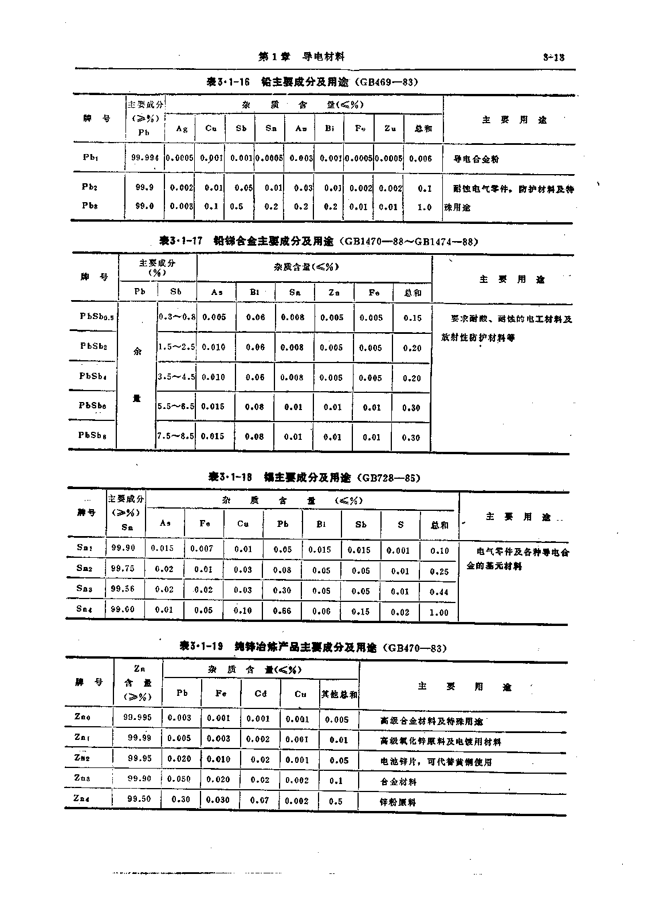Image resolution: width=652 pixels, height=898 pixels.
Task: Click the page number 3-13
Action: tap(553, 57)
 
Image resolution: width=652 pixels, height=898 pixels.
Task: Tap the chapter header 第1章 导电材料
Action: tap(301, 56)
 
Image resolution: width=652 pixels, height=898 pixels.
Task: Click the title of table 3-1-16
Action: tap(312, 82)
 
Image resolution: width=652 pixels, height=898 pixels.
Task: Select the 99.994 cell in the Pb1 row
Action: tap(145, 158)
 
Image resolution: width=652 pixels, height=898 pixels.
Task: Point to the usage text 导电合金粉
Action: tap(476, 159)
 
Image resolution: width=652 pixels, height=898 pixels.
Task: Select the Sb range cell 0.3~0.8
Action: tap(176, 317)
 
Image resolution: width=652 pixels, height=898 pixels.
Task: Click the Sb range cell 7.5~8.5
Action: tap(176, 436)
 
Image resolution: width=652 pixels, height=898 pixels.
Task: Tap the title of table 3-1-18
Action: tap(314, 477)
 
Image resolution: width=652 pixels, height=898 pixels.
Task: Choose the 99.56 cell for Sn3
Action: tap(123, 589)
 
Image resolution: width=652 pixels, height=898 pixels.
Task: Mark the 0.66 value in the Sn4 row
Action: tap(282, 611)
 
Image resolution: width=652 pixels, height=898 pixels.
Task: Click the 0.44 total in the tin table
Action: tap(439, 592)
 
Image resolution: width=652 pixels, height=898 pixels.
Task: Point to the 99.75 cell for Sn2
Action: tap(123, 568)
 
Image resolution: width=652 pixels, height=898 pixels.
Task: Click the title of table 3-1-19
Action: tap(313, 647)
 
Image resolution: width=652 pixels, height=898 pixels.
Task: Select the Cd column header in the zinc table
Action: tap(261, 694)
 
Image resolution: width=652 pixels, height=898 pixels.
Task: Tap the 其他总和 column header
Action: tap(339, 694)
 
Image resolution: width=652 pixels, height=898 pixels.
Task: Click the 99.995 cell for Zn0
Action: tap(138, 718)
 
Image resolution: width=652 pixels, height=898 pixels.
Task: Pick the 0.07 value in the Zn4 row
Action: tap(260, 800)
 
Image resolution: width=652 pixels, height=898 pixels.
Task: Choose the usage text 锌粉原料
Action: tap(398, 802)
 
